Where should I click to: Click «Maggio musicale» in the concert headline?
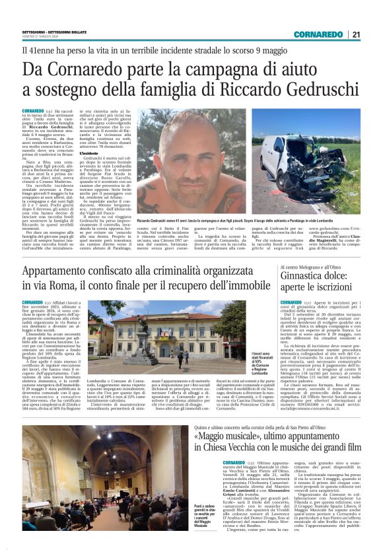click(x=230, y=437)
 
